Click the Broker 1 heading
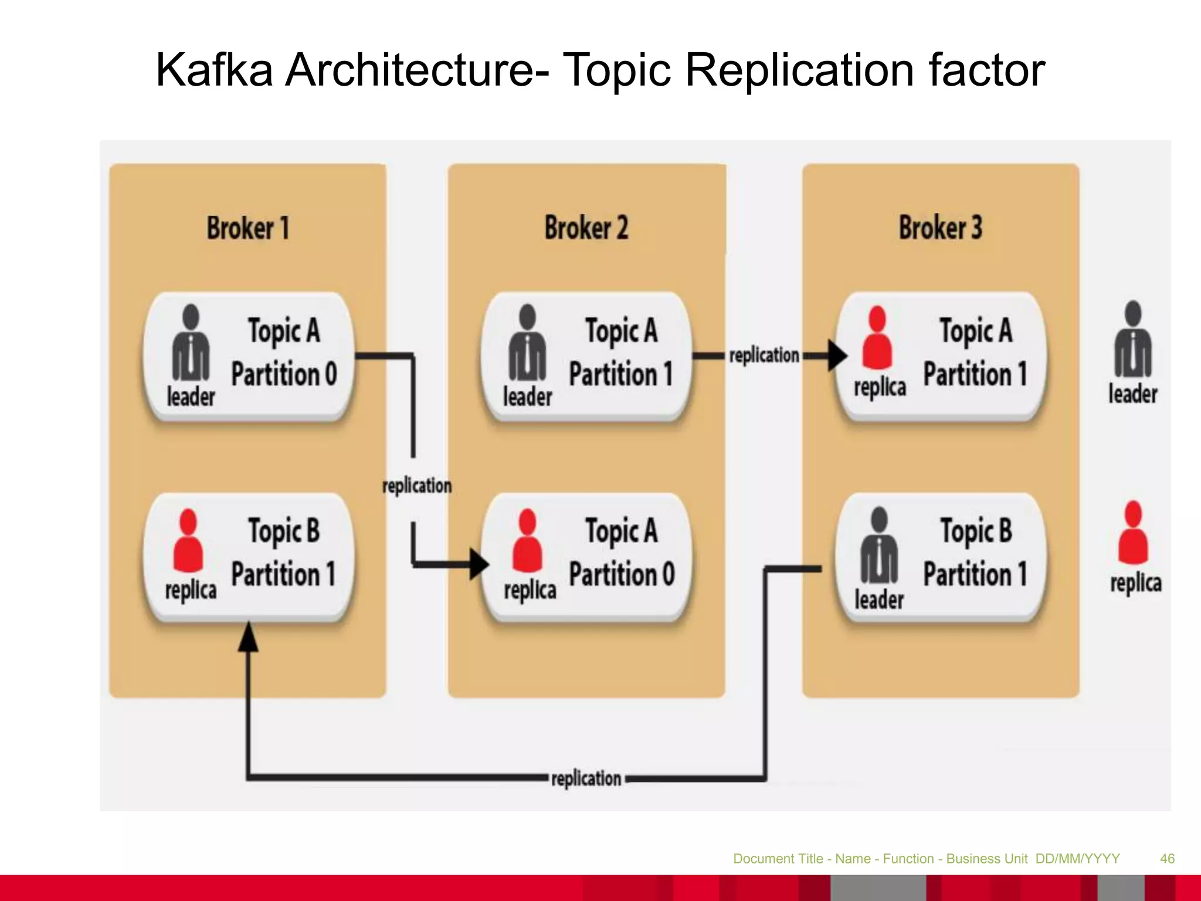tap(247, 228)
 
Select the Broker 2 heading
tap(586, 228)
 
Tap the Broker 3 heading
tap(940, 228)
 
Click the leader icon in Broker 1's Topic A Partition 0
tap(191, 343)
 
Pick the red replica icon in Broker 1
tap(188, 541)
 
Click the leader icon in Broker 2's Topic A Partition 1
tap(527, 343)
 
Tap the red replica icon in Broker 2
tap(527, 541)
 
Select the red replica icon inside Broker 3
tap(877, 338)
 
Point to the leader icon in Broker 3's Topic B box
tap(879, 547)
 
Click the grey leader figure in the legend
tap(1133, 340)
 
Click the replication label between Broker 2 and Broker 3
tap(764, 355)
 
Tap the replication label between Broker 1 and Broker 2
tap(417, 486)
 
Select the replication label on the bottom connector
tap(586, 779)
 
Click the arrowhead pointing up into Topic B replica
tap(248, 638)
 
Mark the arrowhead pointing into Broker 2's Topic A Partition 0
tap(479, 564)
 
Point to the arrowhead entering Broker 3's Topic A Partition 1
tap(837, 355)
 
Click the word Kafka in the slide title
tap(214, 70)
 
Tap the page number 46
tap(1167, 859)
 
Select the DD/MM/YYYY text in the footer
tap(1077, 859)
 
